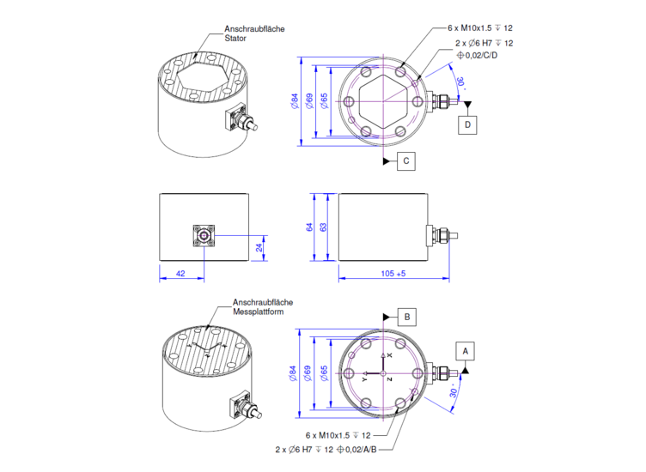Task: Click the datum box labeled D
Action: [x=467, y=124]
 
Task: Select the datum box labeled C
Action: [x=406, y=160]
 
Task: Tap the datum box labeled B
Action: [x=407, y=317]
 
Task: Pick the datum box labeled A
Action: [x=465, y=351]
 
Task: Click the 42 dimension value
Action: [x=180, y=273]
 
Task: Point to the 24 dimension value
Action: [x=259, y=247]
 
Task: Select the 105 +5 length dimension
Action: [x=393, y=273]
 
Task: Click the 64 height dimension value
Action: [x=309, y=227]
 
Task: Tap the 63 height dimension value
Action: [x=323, y=227]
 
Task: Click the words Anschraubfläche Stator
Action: [x=254, y=33]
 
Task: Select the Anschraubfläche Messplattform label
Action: [x=263, y=307]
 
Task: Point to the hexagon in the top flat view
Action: [x=383, y=101]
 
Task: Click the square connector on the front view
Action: [x=204, y=236]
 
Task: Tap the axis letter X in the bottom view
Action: [x=390, y=355]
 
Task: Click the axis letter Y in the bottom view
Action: [x=364, y=378]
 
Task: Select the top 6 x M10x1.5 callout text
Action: [x=480, y=28]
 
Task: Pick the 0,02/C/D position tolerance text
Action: [x=477, y=55]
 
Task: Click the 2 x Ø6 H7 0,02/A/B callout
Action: [x=326, y=450]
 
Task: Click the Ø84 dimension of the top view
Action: [x=295, y=101]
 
